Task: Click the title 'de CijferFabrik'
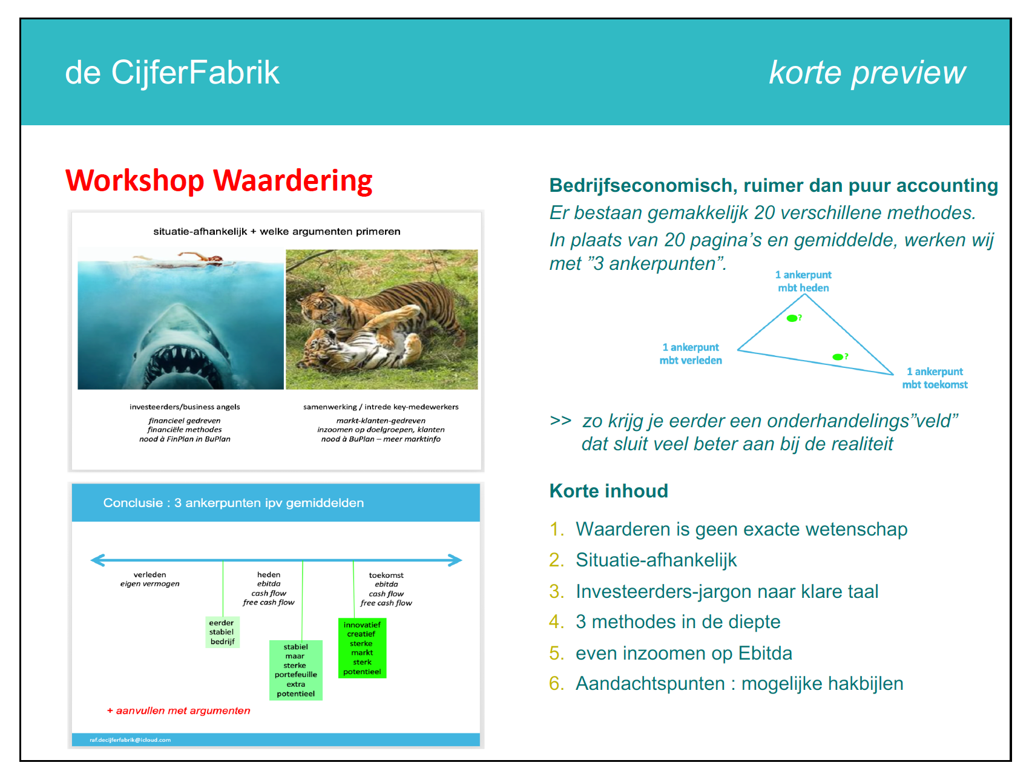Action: click(172, 73)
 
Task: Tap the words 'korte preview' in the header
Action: click(867, 73)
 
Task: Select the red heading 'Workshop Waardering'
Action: click(219, 180)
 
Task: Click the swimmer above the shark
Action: click(182, 260)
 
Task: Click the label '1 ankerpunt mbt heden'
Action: click(803, 281)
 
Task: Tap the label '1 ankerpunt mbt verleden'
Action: click(691, 354)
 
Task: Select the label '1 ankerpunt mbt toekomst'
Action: click(935, 378)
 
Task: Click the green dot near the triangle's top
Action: click(792, 318)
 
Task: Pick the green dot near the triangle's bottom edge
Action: click(838, 357)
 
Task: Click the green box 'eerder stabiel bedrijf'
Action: click(222, 632)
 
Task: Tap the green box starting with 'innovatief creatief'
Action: click(362, 648)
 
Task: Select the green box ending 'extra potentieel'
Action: click(295, 670)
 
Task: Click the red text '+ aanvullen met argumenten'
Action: click(179, 710)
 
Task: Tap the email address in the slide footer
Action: click(130, 740)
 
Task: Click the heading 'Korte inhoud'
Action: click(608, 491)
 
